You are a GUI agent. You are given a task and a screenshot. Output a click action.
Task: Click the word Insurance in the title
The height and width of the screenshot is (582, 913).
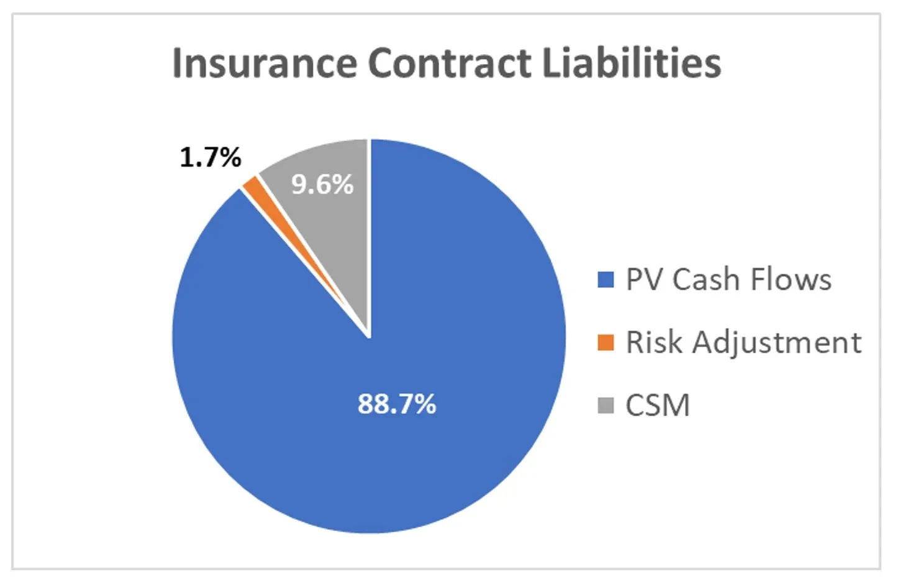pos(263,63)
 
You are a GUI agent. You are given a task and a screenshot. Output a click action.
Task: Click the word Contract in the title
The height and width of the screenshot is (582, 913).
pos(449,63)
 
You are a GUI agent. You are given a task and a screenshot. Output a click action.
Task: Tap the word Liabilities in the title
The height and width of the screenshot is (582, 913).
pos(631,63)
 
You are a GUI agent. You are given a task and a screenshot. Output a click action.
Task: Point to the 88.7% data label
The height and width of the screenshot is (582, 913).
pos(397,404)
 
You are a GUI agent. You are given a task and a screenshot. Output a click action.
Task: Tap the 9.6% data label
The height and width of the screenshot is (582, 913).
pos(322,184)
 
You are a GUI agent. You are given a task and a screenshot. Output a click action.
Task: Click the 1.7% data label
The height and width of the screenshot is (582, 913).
pos(210,157)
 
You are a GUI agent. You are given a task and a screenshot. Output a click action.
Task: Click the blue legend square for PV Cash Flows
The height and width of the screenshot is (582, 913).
pos(606,280)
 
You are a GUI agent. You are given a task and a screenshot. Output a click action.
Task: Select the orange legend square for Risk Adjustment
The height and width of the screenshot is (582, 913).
pos(606,343)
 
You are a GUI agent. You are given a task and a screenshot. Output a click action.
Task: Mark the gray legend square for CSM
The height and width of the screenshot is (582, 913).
pos(606,405)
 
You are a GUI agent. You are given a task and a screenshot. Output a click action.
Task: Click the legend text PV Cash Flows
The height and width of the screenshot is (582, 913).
pos(728,280)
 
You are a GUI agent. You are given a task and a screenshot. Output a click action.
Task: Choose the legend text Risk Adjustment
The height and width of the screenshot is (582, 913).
pos(743,343)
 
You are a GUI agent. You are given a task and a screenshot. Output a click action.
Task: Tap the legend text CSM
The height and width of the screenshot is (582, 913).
pos(657,405)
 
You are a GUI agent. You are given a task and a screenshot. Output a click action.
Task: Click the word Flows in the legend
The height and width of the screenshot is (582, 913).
pos(791,280)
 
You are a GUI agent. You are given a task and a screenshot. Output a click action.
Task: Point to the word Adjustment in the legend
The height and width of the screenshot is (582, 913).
pos(776,343)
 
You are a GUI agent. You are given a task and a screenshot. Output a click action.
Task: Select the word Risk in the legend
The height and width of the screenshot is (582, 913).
pos(653,343)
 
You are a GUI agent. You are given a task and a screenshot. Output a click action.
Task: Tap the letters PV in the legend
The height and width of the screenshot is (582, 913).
pos(645,280)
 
